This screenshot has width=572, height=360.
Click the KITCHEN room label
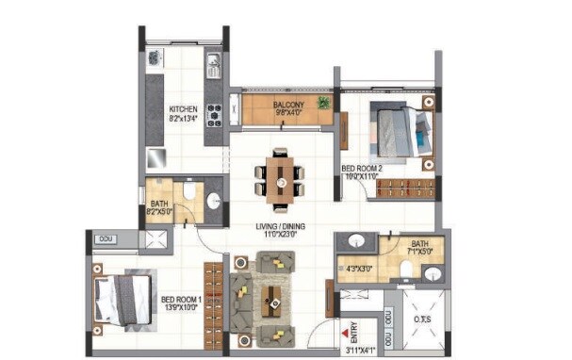point(183,108)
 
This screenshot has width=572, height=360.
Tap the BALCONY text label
point(286,104)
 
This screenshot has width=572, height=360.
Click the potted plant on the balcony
point(323,103)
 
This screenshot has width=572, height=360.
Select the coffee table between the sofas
point(274,292)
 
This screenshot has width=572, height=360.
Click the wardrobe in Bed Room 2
point(404,187)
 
